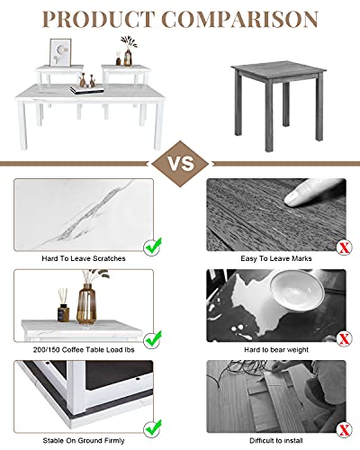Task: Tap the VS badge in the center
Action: point(180,164)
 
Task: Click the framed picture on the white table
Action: point(60,53)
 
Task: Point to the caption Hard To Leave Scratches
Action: point(85,257)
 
